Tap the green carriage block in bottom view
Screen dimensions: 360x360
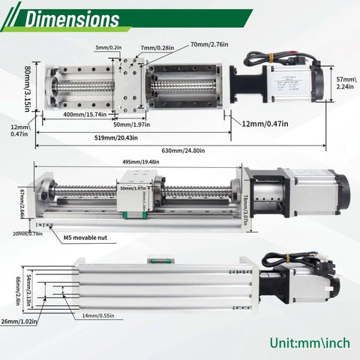point(157,261)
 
